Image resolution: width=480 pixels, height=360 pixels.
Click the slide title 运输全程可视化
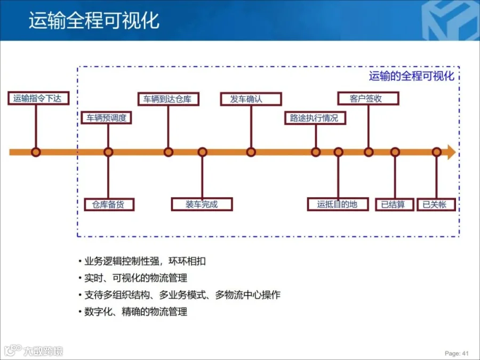click(x=94, y=21)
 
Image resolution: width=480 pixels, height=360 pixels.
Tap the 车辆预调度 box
click(x=107, y=118)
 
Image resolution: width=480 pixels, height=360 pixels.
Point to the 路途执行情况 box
click(x=315, y=118)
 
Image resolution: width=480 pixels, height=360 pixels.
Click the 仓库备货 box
click(x=109, y=204)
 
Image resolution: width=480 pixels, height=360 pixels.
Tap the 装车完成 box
click(x=202, y=204)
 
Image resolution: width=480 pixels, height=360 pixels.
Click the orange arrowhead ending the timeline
click(x=451, y=152)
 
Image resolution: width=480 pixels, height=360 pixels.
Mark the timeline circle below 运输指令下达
click(x=36, y=152)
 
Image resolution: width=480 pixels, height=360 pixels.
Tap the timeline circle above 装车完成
click(x=202, y=152)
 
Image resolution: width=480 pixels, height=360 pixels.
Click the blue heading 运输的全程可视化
click(x=411, y=76)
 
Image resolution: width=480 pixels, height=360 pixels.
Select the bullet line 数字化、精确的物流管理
click(x=135, y=312)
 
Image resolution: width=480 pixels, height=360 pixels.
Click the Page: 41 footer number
click(x=457, y=353)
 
